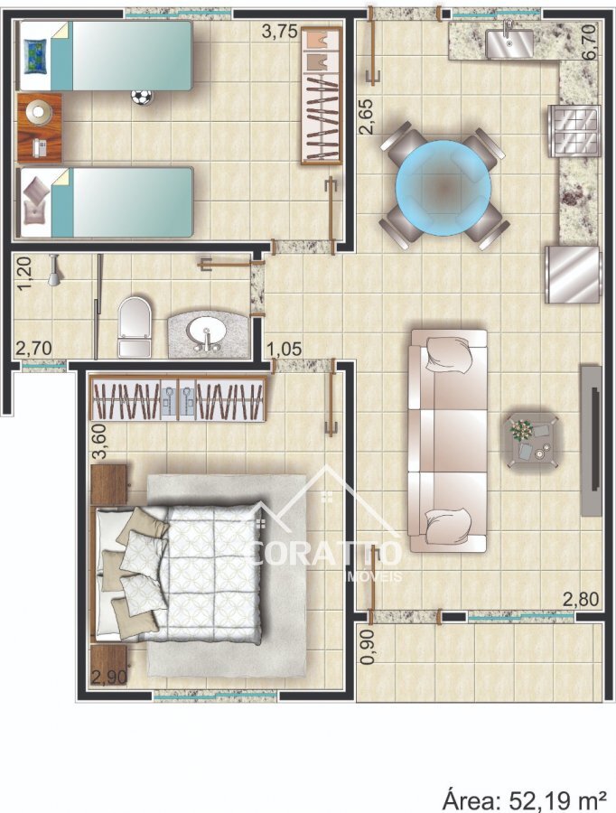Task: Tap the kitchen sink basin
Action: [x=509, y=43]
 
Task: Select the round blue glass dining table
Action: [x=443, y=188]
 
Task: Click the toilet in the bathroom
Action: [x=135, y=327]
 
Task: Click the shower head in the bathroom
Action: [x=53, y=270]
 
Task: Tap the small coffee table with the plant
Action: [x=533, y=441]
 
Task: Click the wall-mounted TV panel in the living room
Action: [x=591, y=441]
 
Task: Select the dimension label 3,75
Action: [x=280, y=32]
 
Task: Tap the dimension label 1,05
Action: [x=285, y=349]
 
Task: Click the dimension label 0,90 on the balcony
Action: [x=368, y=647]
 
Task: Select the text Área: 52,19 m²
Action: [x=525, y=797]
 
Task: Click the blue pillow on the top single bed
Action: [x=37, y=56]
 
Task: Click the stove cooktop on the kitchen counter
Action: [x=574, y=131]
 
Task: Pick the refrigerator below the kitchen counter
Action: [x=573, y=275]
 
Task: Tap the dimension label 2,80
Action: [x=581, y=600]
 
